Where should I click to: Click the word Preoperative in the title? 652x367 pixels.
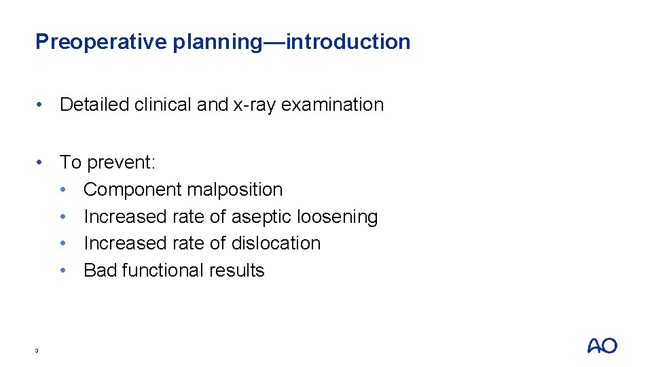pyautogui.click(x=101, y=42)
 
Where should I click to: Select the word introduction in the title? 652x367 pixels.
pyautogui.click(x=348, y=42)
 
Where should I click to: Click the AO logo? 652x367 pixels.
pyautogui.click(x=602, y=346)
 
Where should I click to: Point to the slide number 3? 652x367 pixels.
pyautogui.click(x=37, y=351)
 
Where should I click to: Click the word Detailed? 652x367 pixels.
pyautogui.click(x=94, y=105)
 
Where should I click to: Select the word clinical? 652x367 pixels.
pyautogui.click(x=164, y=105)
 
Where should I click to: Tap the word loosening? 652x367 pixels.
pyautogui.click(x=340, y=217)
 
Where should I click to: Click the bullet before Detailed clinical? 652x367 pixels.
pyautogui.click(x=42, y=105)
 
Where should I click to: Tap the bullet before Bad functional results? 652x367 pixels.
pyautogui.click(x=65, y=270)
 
